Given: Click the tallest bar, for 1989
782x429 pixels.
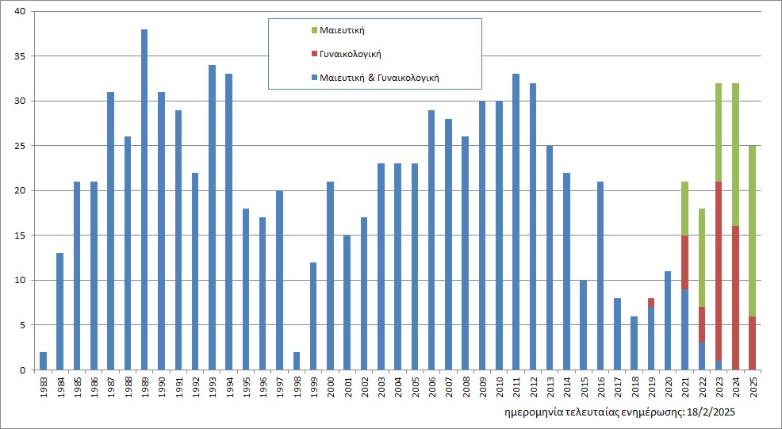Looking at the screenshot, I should (144, 198).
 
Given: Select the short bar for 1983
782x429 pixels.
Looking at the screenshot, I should (43, 361).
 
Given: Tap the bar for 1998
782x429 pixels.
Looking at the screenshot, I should (296, 361).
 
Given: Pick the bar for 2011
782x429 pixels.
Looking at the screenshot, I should (516, 222).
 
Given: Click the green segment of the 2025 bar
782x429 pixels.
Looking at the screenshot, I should (752, 230).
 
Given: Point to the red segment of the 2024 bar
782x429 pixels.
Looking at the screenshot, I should (735, 297).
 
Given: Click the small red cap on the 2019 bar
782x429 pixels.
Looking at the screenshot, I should (650, 302).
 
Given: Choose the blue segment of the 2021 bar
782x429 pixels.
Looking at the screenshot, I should (684, 329).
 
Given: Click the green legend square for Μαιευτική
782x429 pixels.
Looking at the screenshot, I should (314, 30).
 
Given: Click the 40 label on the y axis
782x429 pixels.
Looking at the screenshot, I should (19, 11).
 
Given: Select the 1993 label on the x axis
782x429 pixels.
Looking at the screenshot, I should (213, 389).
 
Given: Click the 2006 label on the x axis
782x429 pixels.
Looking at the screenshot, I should (432, 389).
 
